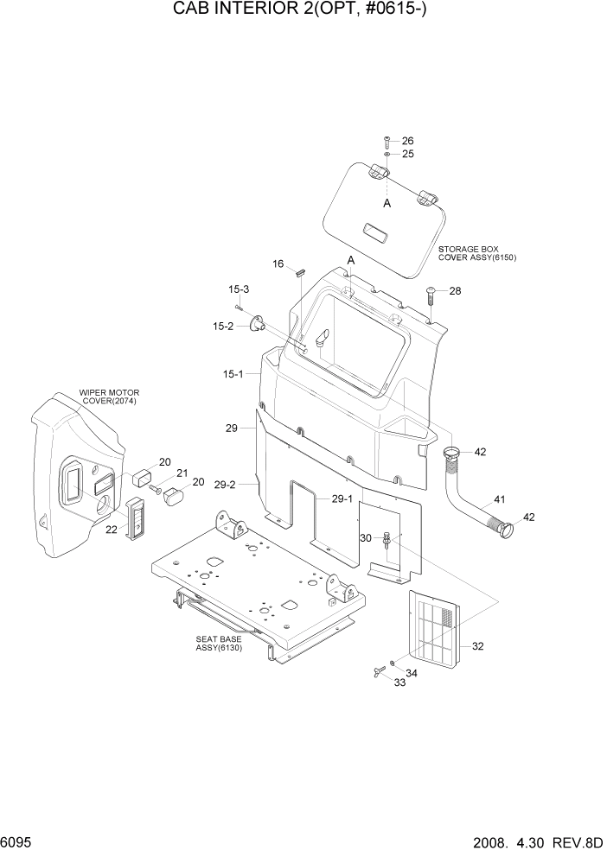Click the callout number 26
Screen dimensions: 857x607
pos(407,141)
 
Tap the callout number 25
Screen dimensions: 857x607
pos(407,154)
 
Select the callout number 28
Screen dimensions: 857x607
pos(455,291)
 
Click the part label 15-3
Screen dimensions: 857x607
pos(239,289)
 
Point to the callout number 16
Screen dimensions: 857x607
pos(278,263)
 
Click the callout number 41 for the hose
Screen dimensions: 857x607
pos(500,499)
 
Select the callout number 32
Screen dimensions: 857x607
pos(479,645)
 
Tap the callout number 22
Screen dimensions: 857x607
pos(112,530)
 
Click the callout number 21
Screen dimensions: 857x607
pos(182,473)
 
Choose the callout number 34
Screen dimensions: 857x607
pos(411,673)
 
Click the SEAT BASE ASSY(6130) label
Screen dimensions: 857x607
pos(218,644)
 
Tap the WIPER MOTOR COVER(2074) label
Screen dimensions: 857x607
pos(108,397)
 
